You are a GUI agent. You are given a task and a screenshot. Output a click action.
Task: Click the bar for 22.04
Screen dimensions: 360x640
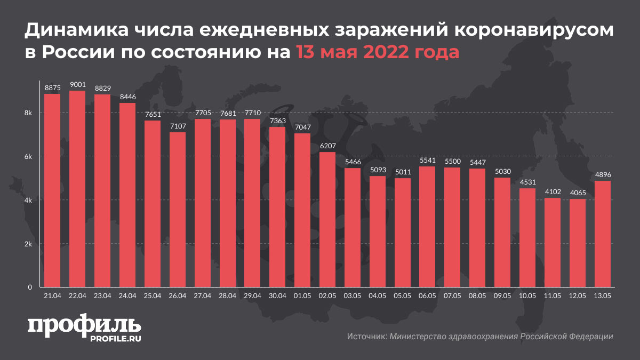pos(77,189)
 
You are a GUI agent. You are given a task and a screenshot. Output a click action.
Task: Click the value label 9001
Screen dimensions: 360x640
pos(77,84)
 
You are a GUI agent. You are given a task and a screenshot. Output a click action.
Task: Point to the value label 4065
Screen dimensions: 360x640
pos(578,193)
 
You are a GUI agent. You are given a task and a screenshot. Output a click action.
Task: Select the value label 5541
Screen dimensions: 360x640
pos(427,160)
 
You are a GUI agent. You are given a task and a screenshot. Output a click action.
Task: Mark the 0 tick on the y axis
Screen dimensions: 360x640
pos(30,287)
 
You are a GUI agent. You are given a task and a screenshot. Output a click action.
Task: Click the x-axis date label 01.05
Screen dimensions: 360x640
pos(302,295)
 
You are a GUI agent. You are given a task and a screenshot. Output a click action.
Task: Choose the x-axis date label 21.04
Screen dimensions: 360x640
pos(52,295)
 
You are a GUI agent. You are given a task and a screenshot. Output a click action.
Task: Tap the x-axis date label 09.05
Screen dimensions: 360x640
pos(502,295)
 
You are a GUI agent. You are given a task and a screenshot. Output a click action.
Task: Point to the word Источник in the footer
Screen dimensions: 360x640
pos(366,337)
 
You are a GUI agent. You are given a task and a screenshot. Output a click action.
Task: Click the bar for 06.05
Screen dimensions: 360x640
pos(427,227)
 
